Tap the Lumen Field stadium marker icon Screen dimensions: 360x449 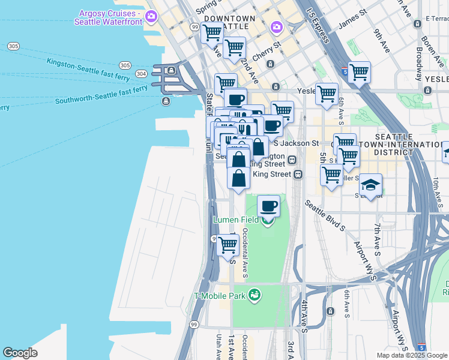click(267, 220)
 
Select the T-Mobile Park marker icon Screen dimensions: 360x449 click(255, 295)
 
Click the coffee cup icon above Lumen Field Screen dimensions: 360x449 click(268, 207)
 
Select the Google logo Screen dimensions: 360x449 click(20, 353)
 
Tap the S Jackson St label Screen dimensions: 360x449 click(296, 143)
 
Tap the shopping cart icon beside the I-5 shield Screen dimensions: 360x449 click(359, 73)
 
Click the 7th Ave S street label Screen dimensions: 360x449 click(378, 236)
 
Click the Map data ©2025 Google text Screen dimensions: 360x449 click(412, 355)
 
